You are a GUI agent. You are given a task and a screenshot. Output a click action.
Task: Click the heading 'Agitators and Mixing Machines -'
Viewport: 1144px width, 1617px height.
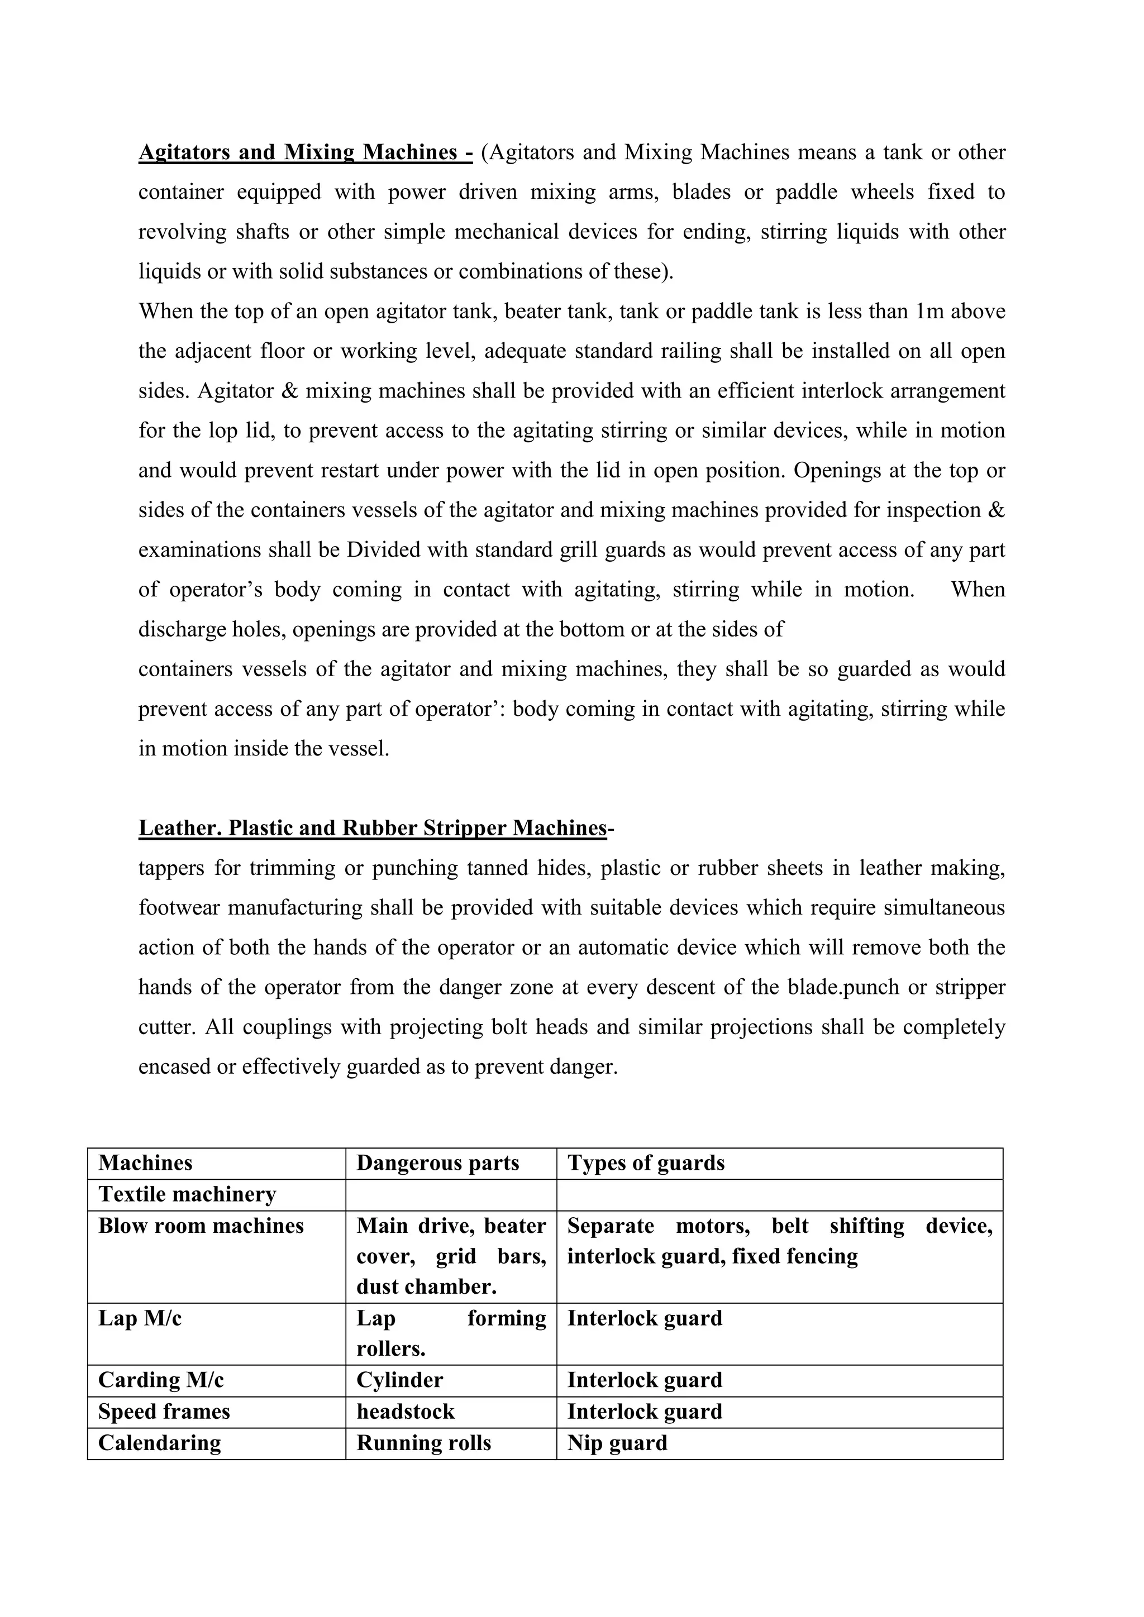pos(305,152)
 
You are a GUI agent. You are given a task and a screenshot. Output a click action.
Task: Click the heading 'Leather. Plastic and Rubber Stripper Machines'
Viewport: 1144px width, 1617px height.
pos(372,827)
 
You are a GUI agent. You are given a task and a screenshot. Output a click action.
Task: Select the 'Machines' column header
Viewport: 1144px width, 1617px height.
pos(145,1162)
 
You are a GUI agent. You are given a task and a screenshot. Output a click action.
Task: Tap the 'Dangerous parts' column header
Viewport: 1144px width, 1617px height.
pos(437,1162)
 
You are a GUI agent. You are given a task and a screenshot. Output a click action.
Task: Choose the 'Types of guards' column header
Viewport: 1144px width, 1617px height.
pos(645,1162)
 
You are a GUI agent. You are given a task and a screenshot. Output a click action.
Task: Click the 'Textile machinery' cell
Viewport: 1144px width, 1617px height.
pos(187,1194)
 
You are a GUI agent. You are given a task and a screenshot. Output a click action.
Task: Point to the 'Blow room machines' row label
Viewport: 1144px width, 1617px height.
pos(201,1226)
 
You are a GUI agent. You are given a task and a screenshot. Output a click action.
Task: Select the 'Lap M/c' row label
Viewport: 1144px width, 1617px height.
pos(140,1318)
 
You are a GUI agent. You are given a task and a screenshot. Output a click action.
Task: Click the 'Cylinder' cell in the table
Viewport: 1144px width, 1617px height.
pos(399,1380)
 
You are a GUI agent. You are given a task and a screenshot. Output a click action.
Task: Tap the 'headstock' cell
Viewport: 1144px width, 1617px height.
pos(405,1412)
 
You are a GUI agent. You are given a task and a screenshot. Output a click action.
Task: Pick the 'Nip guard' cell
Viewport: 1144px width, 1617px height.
pos(617,1443)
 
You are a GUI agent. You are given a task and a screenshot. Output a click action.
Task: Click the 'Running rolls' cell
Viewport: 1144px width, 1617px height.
pos(423,1443)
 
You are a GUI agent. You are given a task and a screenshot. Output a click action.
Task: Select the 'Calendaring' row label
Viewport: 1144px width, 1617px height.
pos(159,1443)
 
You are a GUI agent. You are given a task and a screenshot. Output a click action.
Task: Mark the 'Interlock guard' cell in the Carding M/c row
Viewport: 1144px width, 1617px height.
pos(645,1380)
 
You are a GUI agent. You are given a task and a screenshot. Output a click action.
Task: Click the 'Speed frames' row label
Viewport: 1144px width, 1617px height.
pos(164,1412)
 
